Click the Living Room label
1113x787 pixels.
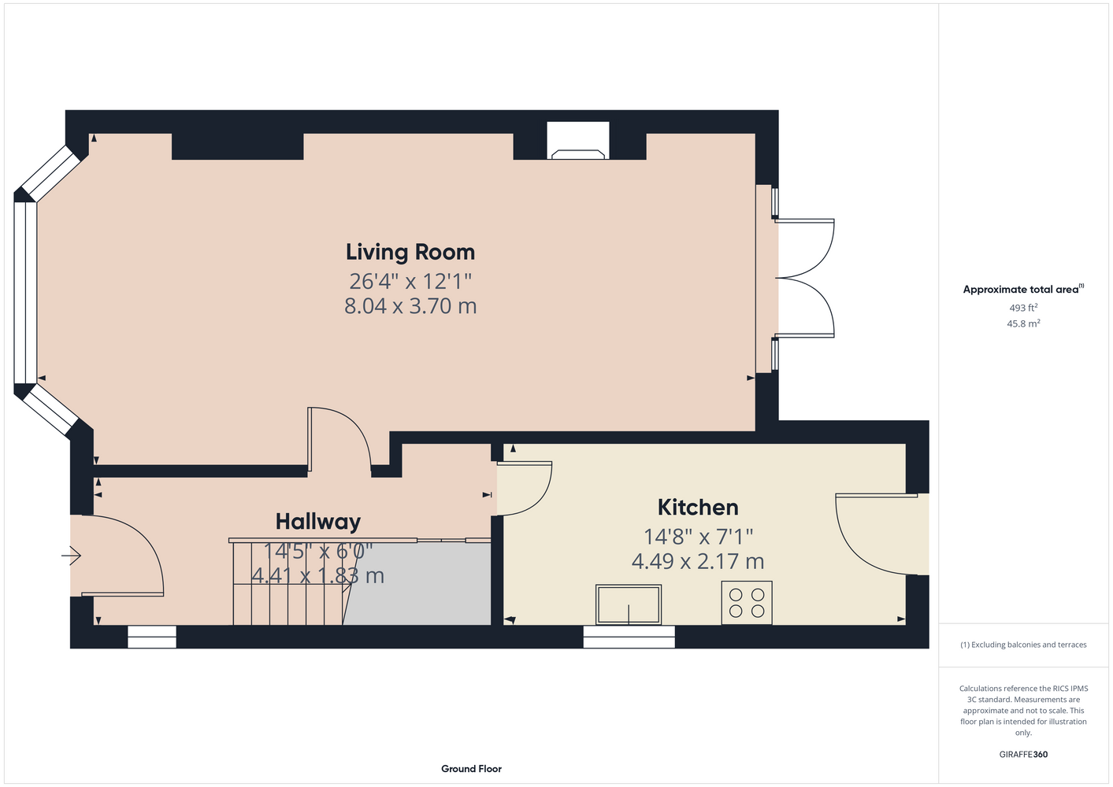(x=410, y=253)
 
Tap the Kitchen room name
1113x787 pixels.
(x=698, y=508)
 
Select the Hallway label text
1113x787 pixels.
(x=318, y=522)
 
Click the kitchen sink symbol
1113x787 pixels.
(x=629, y=604)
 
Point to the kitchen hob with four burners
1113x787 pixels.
(x=747, y=602)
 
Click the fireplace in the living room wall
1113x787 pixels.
(x=578, y=141)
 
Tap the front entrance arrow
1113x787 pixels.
(x=71, y=555)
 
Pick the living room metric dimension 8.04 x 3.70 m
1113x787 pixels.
(x=410, y=306)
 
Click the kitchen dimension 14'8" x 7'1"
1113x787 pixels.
(x=698, y=536)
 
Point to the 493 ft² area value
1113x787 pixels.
(x=1023, y=308)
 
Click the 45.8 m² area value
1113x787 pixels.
(x=1023, y=323)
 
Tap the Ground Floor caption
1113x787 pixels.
(x=471, y=769)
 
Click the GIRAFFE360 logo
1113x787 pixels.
(x=1023, y=754)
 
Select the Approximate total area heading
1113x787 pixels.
(x=1023, y=289)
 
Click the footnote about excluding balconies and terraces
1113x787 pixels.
(x=1023, y=645)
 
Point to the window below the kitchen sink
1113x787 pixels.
(x=629, y=637)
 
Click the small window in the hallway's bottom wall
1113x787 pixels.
(x=151, y=637)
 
